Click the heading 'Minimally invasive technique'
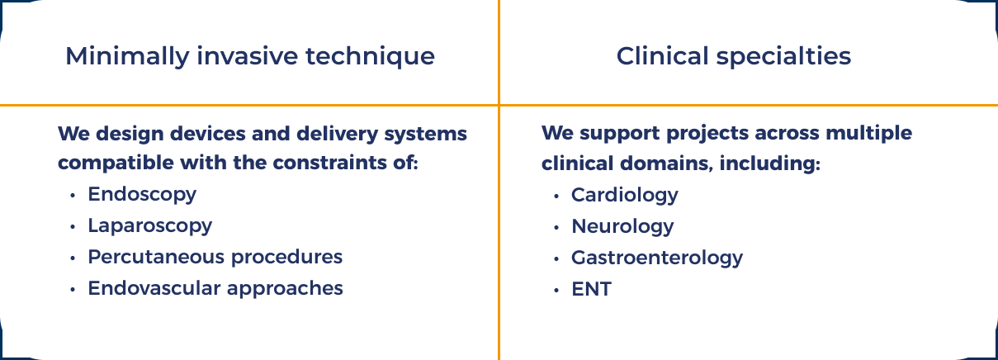coord(249,56)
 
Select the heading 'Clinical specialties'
coord(734,56)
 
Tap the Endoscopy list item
coord(142,195)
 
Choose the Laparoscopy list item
coord(149,225)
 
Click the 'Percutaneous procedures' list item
coord(215,257)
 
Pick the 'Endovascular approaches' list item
coord(215,288)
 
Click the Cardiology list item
coord(624,195)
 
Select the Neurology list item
coord(622,226)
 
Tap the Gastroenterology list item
coord(657,258)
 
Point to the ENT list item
coord(591,289)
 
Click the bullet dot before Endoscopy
coord(73,196)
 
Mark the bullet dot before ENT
coord(556,290)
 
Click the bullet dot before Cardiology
coord(556,196)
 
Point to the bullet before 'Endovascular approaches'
coord(73,289)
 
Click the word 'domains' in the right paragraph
coord(666,163)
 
